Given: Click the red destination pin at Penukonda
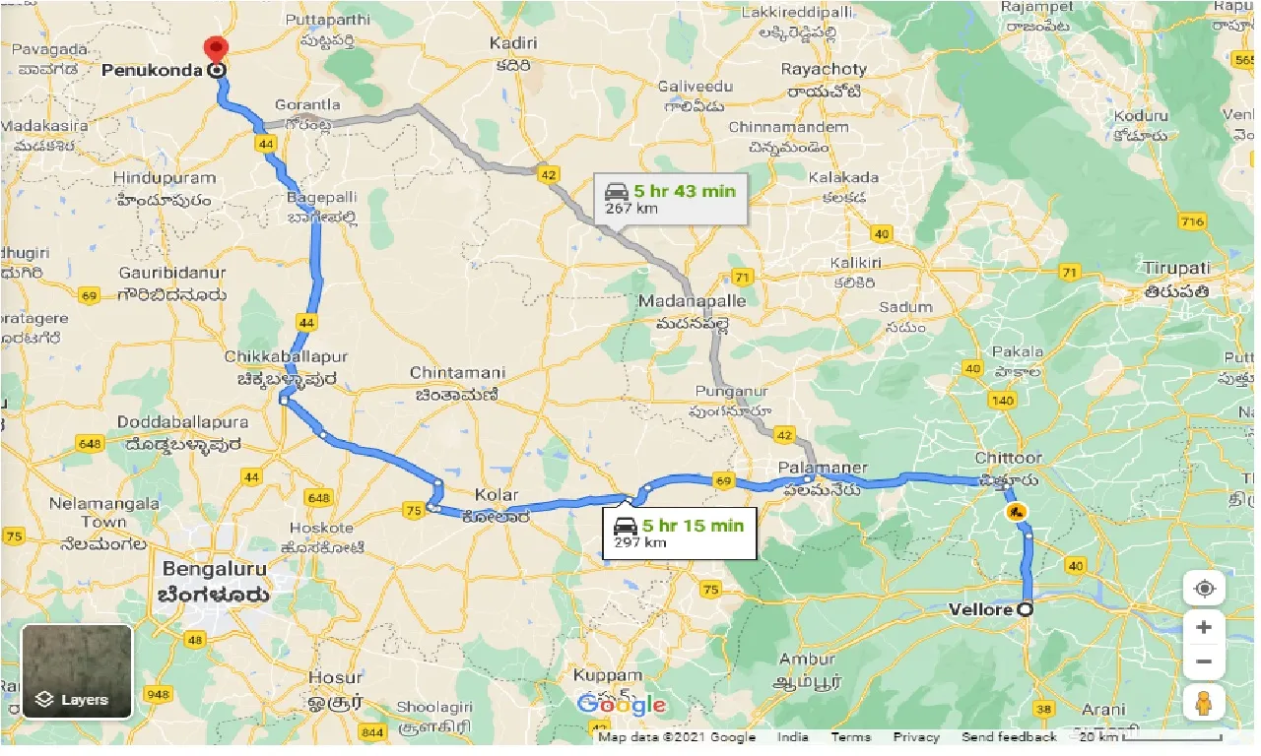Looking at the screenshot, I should (215, 49).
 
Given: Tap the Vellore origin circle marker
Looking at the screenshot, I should (1026, 609).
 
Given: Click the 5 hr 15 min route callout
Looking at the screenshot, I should (679, 533).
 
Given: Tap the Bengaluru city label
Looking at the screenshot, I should (215, 569).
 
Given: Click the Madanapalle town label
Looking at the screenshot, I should (692, 300).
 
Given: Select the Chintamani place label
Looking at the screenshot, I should (457, 373).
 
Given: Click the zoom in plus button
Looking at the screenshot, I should (1204, 626).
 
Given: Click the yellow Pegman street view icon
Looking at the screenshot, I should (1204, 704).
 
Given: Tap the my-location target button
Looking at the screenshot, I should (1204, 589).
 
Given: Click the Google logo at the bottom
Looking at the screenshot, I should (622, 705).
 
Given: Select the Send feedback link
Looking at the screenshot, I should (1009, 737).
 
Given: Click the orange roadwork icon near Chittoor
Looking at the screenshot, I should (1015, 512).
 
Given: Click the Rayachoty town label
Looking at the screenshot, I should (825, 70).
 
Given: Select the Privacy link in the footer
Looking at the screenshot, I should (916, 737).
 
